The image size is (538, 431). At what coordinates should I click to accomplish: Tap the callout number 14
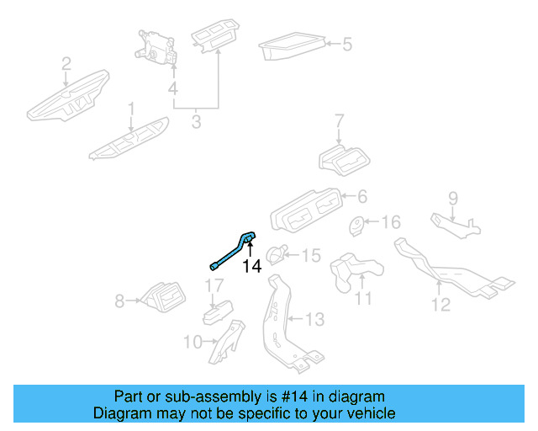click(251, 267)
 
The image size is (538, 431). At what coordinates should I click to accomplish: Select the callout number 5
click(346, 44)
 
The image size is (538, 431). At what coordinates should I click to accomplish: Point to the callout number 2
click(66, 63)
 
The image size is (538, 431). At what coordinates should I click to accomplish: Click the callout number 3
click(196, 122)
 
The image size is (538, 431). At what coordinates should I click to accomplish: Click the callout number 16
click(392, 222)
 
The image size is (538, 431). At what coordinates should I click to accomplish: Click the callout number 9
click(452, 200)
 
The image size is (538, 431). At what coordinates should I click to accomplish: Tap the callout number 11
click(362, 297)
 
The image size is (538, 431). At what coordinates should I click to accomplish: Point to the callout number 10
click(193, 342)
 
